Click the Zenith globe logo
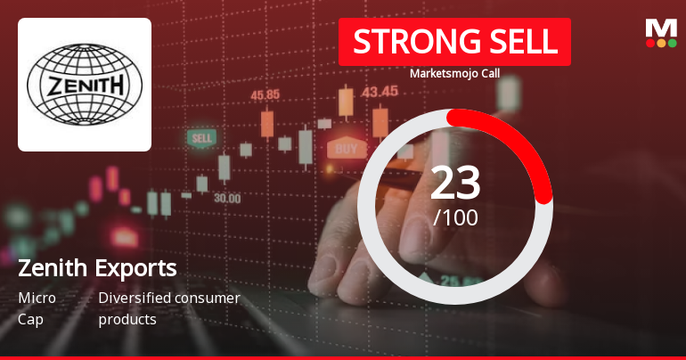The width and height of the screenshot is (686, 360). [85, 85]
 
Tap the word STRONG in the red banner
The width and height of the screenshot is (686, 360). [404, 42]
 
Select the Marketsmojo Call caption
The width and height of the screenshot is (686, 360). [454, 73]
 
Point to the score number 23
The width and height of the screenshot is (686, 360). [454, 183]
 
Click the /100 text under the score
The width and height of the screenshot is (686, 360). [455, 217]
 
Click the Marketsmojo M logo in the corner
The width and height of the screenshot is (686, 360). [660, 28]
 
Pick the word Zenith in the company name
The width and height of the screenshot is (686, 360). [53, 268]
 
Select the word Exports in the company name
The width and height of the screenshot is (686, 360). [136, 268]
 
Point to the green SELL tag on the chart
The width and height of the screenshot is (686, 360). [202, 138]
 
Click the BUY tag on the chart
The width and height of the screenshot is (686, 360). [347, 148]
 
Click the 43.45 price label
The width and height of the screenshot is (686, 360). [380, 91]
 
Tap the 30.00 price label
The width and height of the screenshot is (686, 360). [226, 199]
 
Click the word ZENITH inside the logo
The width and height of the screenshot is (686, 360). [85, 86]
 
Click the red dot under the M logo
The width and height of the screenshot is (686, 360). [649, 43]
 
